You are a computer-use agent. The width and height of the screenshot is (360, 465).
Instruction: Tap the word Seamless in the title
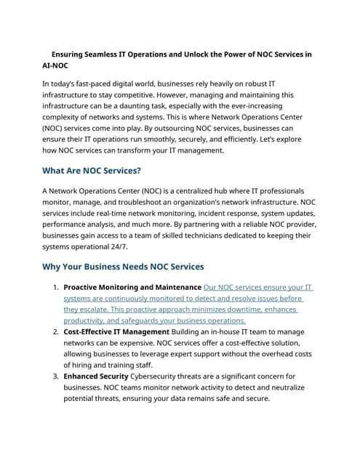[x=108, y=54]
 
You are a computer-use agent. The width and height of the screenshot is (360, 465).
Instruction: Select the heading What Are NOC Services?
[x=92, y=171]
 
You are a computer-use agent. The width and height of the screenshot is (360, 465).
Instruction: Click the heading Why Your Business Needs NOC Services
[x=123, y=267]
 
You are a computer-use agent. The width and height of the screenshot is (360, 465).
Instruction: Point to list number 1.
[x=56, y=288]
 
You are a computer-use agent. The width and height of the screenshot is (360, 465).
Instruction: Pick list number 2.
[x=56, y=332]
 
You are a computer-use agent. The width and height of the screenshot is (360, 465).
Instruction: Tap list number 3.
[x=56, y=376]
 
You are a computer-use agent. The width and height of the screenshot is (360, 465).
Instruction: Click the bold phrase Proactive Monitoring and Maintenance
[x=132, y=288]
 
